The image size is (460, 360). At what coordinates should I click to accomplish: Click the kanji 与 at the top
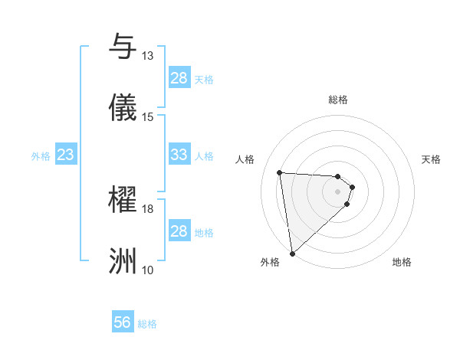(x=123, y=47)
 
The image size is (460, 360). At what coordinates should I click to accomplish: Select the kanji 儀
(x=123, y=108)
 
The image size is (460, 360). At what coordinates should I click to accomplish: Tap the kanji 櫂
(x=123, y=201)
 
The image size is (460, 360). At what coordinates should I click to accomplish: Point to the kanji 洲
(x=123, y=262)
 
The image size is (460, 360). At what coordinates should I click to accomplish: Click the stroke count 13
(x=147, y=56)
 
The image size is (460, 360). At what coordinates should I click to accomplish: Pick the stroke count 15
(x=147, y=116)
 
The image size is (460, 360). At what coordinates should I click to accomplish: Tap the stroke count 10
(x=147, y=270)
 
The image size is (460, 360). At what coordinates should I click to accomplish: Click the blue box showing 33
(x=179, y=155)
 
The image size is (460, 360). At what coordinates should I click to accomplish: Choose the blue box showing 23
(x=66, y=155)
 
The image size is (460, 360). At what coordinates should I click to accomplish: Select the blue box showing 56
(x=123, y=323)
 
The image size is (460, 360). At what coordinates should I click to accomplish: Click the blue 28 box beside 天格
(x=179, y=78)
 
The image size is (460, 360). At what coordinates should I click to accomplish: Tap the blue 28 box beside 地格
(x=179, y=231)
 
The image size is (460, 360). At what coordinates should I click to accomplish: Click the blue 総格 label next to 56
(x=147, y=324)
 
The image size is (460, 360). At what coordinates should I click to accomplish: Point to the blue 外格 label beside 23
(x=41, y=155)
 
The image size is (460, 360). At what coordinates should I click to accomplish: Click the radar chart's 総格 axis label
(x=338, y=100)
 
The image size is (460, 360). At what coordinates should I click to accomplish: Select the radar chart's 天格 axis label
(x=432, y=159)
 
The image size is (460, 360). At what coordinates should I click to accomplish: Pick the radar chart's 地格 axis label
(x=402, y=263)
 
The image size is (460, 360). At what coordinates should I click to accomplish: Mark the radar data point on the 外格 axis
(x=292, y=253)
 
